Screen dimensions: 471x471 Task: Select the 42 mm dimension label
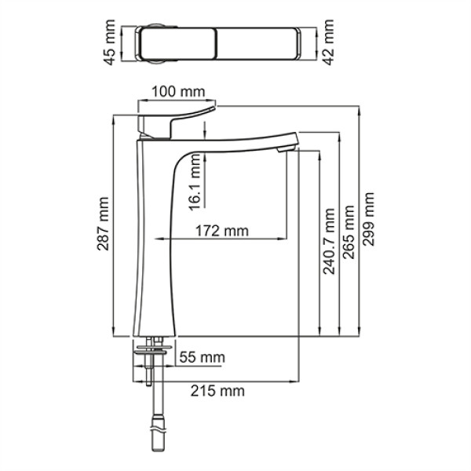pyautogui.click(x=329, y=46)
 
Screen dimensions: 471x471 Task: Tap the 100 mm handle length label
pyautogui.click(x=177, y=92)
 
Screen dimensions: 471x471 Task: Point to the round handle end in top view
pyautogui.click(x=153, y=45)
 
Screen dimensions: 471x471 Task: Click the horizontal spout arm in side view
pyautogui.click(x=235, y=141)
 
